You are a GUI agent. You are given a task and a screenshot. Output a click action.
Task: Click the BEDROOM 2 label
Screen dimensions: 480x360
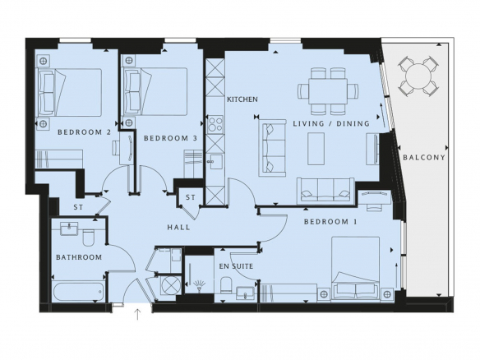pos(84,132)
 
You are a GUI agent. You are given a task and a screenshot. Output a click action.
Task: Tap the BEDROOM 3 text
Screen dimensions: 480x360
pos(170,138)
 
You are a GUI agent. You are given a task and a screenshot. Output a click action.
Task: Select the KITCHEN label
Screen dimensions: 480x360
pos(242,99)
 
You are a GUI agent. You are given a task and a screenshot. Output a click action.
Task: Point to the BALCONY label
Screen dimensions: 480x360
pos(424,158)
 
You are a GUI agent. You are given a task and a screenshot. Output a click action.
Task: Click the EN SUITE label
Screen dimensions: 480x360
pos(236,266)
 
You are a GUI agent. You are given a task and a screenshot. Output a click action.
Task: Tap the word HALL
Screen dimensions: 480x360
pos(178,227)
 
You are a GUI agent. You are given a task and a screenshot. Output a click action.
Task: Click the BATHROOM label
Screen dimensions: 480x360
pos(79,257)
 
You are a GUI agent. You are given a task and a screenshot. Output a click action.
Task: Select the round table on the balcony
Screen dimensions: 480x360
pos(418,76)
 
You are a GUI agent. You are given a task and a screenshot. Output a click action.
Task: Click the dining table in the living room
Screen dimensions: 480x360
pos(328,91)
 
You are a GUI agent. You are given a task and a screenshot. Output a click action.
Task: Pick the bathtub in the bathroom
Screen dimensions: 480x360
pos(79,292)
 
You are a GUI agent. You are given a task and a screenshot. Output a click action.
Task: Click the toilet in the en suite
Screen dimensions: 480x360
pos(226,285)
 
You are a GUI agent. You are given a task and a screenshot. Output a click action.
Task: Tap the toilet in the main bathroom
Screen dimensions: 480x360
pos(89,238)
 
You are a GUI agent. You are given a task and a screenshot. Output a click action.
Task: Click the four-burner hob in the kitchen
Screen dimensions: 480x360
pos(215,124)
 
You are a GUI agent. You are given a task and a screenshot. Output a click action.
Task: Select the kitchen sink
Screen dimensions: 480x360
pos(215,161)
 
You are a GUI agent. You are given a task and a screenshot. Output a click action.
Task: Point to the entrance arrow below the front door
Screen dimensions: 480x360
pos(138,315)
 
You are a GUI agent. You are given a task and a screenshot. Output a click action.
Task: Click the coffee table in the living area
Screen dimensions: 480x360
pos(316,149)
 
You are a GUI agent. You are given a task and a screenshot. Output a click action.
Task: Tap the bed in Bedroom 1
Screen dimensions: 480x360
pos(356,267)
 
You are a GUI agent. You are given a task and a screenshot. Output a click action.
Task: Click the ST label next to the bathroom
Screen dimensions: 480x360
pos(78,207)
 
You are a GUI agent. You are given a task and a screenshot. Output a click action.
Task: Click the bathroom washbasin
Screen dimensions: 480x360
pos(69,228)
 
